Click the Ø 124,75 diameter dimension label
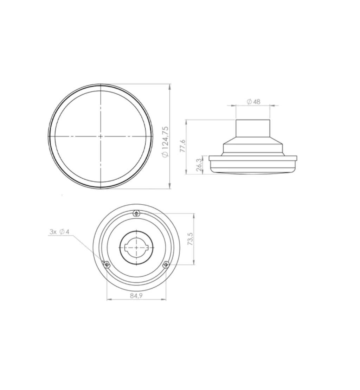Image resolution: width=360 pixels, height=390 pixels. tap(165, 142)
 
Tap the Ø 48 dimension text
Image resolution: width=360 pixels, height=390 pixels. tap(253, 102)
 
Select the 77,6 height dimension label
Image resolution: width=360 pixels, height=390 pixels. tap(182, 146)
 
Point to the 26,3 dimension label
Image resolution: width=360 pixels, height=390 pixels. tap(199, 165)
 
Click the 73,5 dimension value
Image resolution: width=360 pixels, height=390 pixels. tap(190, 239)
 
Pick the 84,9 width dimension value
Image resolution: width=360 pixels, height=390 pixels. tap(136, 296)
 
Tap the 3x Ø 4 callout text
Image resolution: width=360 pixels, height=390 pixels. tap(59, 232)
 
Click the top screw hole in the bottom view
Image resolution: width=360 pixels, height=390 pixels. tap(136, 213)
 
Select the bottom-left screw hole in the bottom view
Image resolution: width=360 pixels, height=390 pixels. tap(107, 265)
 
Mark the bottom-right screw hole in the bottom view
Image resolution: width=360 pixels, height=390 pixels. tap(166, 265)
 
